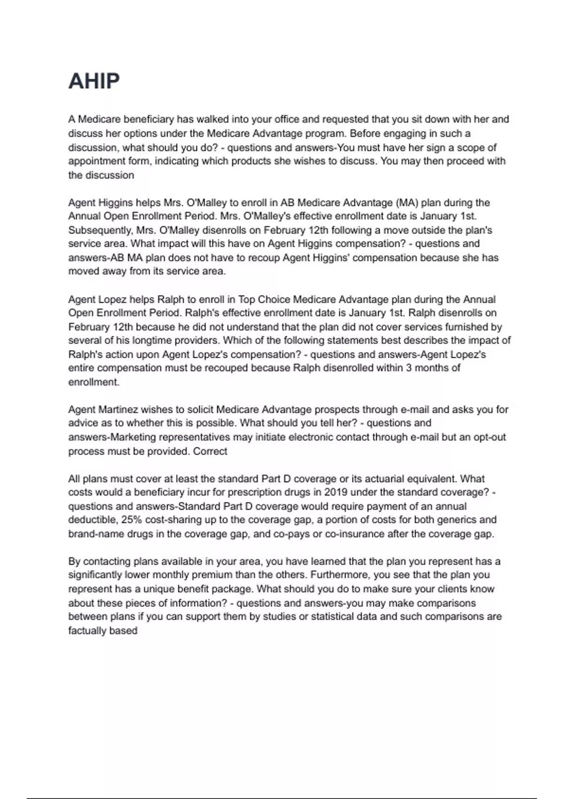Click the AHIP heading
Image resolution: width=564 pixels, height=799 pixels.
point(94,81)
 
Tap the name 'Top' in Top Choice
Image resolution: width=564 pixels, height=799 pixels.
point(247,299)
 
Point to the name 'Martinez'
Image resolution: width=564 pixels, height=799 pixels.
point(118,409)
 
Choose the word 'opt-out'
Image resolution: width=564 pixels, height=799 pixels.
point(489,437)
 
